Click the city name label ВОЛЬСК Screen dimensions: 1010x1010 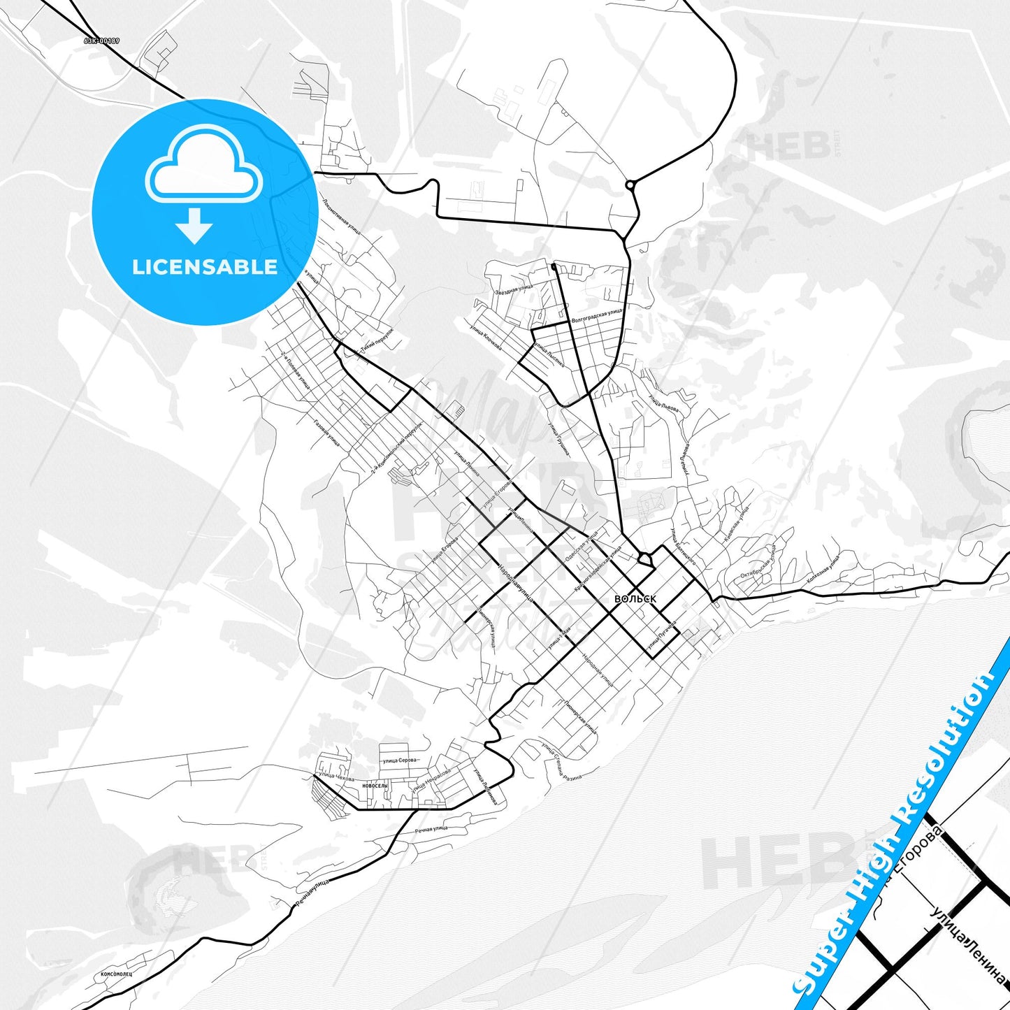coord(635,599)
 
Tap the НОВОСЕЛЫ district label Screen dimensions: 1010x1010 coord(375,786)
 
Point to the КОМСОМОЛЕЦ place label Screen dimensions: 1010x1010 coord(116,973)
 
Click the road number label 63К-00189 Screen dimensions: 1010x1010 coord(101,41)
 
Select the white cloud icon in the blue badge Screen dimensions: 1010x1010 coord(204,165)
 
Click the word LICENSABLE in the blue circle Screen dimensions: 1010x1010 coord(205,267)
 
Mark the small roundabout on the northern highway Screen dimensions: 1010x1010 coord(630,185)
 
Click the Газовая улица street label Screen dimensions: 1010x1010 coord(326,433)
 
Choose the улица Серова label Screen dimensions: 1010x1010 coord(399,760)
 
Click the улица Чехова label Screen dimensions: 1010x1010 coord(336,777)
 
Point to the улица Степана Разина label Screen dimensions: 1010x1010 coord(561,760)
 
